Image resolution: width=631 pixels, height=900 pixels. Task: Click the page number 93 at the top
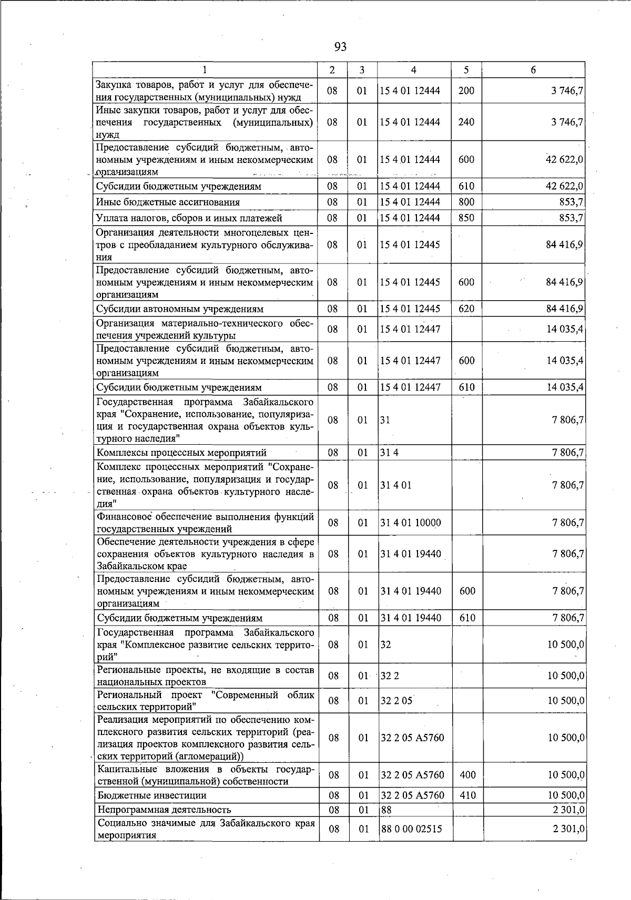pyautogui.click(x=340, y=47)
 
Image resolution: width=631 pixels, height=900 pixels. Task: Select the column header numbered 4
pyautogui.click(x=414, y=70)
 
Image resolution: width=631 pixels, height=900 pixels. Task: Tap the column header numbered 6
pyautogui.click(x=533, y=70)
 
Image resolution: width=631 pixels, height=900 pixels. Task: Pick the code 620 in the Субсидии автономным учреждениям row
pyautogui.click(x=466, y=309)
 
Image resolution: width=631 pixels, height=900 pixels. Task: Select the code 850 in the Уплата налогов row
pyautogui.click(x=466, y=218)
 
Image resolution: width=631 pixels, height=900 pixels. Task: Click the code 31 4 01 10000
pyautogui.click(x=411, y=523)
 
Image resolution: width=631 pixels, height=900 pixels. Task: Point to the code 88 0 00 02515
pyautogui.click(x=411, y=829)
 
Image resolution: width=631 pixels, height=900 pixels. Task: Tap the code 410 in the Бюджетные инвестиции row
pyautogui.click(x=467, y=795)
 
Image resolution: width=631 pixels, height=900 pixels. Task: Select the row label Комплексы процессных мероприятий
pyautogui.click(x=181, y=453)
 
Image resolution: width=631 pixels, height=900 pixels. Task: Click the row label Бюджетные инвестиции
pyautogui.click(x=152, y=795)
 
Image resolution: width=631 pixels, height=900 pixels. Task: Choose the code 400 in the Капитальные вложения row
pyautogui.click(x=467, y=775)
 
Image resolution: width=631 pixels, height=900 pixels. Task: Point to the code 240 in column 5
pyautogui.click(x=466, y=122)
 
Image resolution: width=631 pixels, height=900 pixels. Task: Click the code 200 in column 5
pyautogui.click(x=466, y=90)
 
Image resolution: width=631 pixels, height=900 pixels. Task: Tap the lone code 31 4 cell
pyautogui.click(x=390, y=453)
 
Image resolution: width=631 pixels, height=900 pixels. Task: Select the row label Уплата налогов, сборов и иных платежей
pyautogui.click(x=189, y=218)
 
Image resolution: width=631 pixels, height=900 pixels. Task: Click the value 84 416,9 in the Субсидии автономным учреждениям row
pyautogui.click(x=565, y=309)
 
